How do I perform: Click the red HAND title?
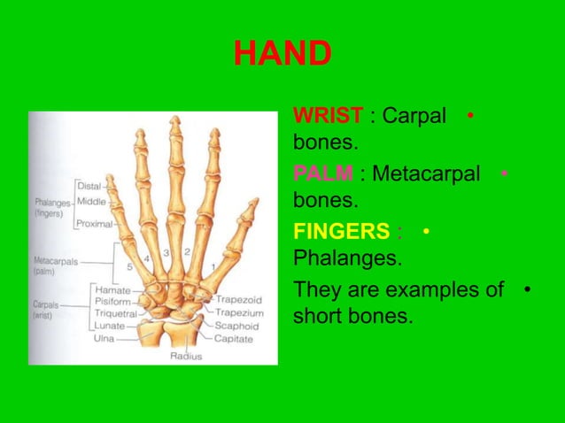tap(282, 55)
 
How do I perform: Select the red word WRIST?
tap(327, 116)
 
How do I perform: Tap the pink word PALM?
tap(323, 173)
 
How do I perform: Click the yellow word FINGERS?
tap(341, 232)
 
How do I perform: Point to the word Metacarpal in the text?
tap(426, 173)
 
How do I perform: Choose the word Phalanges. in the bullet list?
tap(346, 260)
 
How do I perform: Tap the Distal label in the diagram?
tap(89, 186)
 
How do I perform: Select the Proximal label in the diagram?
tap(94, 224)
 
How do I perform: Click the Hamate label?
tap(112, 290)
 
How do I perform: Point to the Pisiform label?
tap(113, 302)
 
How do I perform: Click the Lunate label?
tap(111, 326)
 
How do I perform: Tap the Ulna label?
tap(106, 337)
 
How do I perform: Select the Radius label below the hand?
tap(186, 356)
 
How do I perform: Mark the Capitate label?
tap(233, 337)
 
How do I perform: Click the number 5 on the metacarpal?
tap(129, 265)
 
